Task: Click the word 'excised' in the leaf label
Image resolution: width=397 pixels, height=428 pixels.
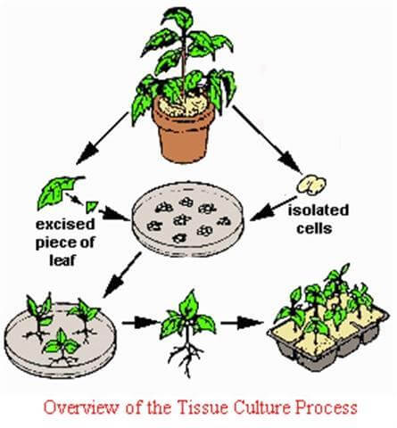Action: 65,225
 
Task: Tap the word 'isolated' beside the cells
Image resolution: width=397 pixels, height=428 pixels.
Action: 318,210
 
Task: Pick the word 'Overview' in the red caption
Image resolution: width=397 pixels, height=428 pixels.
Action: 81,407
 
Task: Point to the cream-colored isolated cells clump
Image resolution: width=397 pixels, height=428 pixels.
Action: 311,185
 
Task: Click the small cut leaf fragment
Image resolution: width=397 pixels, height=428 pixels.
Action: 91,207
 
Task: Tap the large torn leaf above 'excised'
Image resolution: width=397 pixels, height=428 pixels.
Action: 58,191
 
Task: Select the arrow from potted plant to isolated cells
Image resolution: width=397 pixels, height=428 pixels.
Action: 266,139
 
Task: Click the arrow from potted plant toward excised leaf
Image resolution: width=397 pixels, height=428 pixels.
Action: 103,138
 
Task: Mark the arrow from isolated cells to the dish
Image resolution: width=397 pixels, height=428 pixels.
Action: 273,209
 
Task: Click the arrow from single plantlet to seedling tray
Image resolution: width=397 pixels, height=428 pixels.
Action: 242,323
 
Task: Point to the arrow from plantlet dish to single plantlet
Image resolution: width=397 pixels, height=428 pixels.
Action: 141,323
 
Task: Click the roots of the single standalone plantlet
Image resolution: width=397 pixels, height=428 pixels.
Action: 186,357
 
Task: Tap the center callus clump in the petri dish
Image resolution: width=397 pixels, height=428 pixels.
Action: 182,220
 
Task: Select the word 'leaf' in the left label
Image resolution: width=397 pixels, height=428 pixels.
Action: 62,260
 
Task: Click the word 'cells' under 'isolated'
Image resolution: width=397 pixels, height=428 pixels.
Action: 314,228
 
